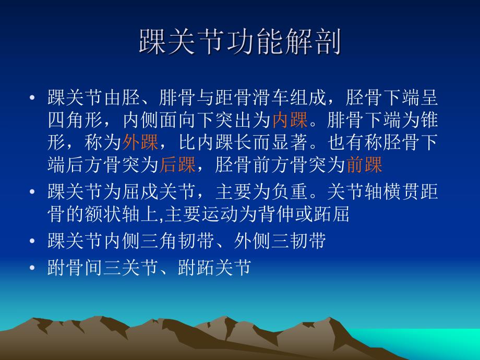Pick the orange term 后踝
point(177,165)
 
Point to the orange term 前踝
point(365,165)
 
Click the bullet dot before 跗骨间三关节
point(32,268)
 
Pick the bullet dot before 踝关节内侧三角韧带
point(32,241)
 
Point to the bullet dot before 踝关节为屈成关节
point(32,192)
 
